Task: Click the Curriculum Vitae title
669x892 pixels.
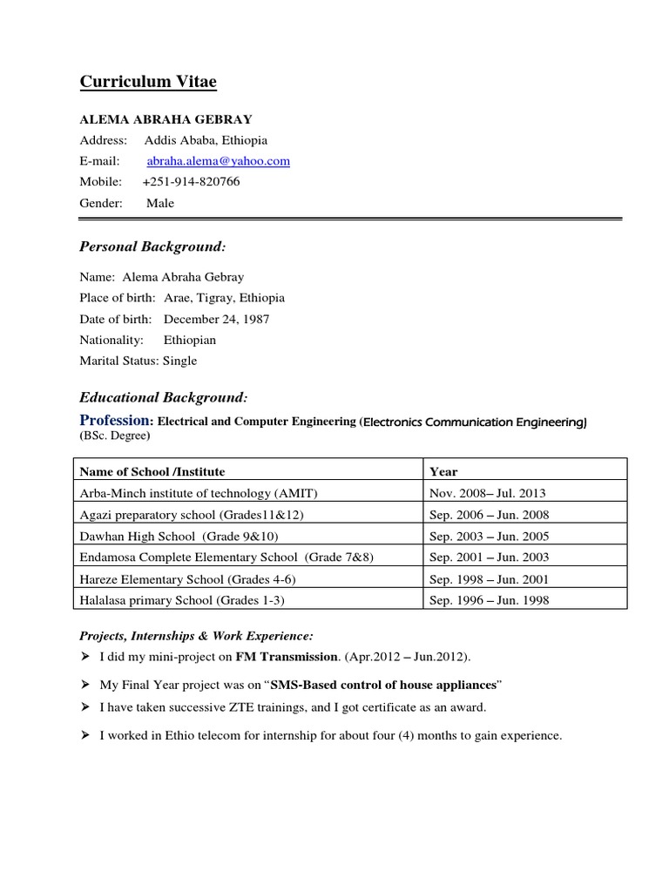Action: tap(148, 82)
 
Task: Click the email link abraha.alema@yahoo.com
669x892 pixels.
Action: tap(218, 161)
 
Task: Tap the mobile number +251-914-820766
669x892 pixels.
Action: tap(191, 182)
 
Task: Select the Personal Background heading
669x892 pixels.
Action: tap(152, 247)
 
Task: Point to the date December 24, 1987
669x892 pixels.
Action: tap(216, 319)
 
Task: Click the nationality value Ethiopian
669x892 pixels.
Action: tap(189, 340)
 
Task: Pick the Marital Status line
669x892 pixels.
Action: tap(139, 361)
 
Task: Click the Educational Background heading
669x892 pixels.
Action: tap(164, 397)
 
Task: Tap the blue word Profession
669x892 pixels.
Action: tap(116, 421)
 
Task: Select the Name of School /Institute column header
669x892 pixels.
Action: tap(152, 471)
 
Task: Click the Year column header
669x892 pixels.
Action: tap(443, 471)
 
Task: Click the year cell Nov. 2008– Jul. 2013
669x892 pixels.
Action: tap(488, 493)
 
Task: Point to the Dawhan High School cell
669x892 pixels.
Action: tap(179, 536)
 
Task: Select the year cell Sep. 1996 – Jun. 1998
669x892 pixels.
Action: tap(490, 600)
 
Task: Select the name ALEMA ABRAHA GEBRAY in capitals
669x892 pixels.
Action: tap(166, 118)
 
